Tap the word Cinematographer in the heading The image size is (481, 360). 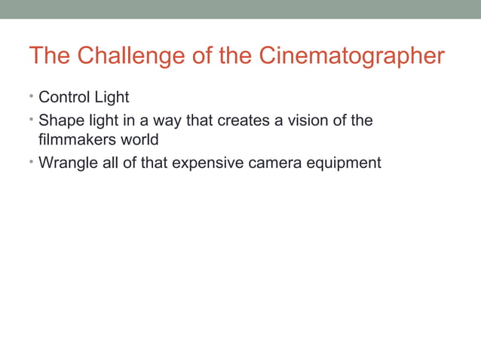pos(351,56)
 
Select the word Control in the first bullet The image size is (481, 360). pos(64,98)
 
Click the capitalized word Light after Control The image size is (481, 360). pos(112,98)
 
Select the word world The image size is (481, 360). pos(138,140)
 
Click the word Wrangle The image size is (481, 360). pos(68,163)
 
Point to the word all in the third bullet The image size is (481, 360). pos(110,163)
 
